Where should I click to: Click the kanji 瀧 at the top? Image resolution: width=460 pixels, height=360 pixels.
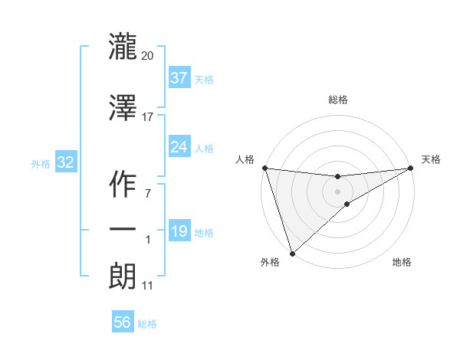123,46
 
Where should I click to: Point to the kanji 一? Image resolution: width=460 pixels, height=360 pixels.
123,231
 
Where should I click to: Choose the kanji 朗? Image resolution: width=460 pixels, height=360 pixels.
123,276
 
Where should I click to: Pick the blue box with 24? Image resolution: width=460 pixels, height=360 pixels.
179,146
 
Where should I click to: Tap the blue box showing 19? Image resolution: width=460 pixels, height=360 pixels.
179,231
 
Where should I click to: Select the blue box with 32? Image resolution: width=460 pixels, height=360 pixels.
65,162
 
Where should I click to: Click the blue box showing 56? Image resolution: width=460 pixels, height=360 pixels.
123,322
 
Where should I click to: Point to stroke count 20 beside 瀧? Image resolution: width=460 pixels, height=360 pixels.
148,55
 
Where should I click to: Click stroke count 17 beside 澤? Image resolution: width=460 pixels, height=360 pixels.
148,116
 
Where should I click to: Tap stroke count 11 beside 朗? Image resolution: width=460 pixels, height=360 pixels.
148,286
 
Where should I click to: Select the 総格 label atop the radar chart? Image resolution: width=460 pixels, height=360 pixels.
337,100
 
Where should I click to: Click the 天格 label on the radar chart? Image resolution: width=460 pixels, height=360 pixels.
432,159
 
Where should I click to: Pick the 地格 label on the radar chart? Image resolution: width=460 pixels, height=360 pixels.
402,262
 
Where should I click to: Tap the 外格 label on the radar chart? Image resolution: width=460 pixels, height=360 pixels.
270,262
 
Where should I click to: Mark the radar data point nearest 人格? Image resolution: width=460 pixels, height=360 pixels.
264,168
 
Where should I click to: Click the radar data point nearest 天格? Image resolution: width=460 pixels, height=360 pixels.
411,168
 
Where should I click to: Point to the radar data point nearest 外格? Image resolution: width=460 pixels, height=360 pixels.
292,253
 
